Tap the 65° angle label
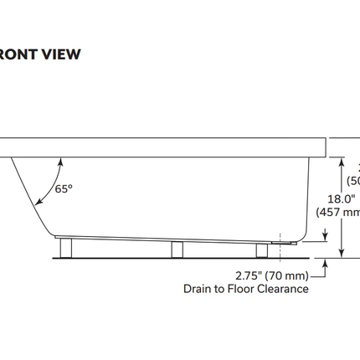[64, 189]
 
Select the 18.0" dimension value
[341, 198]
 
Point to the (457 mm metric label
[338, 213]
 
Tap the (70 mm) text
[290, 275]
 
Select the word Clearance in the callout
[280, 289]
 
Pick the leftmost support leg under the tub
[66, 248]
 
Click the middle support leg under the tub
[177, 249]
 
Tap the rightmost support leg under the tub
[261, 249]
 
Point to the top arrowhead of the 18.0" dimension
[342, 160]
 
